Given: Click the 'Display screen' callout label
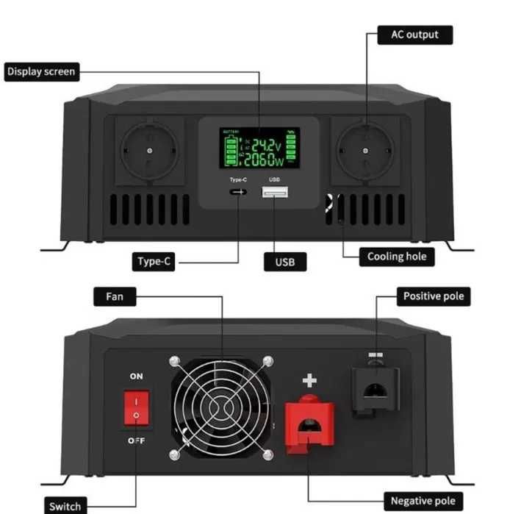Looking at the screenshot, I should pos(41,72).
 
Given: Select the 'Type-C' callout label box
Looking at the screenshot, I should pos(155,262).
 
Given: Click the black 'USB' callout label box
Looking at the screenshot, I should pos(284,262).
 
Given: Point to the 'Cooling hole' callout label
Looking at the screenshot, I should pos(397,257).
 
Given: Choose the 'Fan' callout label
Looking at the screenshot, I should pos(115,297).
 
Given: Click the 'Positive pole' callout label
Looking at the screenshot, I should pos(434,296).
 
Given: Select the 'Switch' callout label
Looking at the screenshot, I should pos(64,506).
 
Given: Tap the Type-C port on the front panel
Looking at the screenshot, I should pos(237,193).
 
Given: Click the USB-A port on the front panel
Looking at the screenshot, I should pos(274,193).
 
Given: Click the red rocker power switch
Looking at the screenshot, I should pos(136,408).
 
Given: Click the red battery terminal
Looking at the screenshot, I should pos(309,424).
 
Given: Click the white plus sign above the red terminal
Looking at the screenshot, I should pos(309,380).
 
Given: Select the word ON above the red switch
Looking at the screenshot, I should pos(137,376).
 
